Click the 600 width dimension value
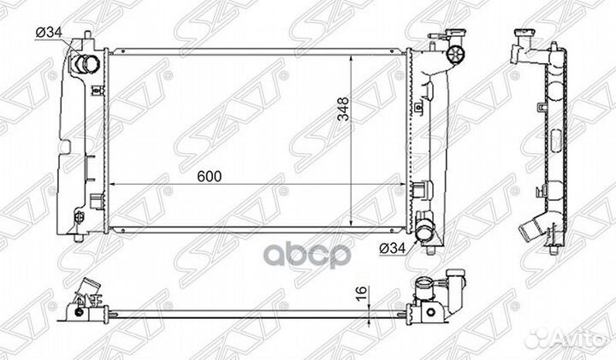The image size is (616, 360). (209, 177)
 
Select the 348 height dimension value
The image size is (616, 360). (343, 109)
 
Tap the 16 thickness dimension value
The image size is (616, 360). (361, 292)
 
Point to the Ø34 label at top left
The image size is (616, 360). (49, 32)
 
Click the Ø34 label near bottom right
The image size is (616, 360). (392, 247)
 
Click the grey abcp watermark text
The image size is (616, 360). (306, 255)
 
